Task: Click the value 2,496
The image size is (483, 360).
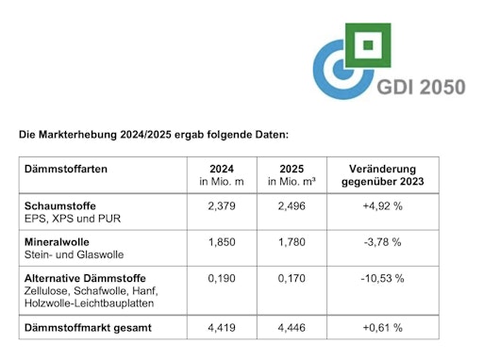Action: (288, 205)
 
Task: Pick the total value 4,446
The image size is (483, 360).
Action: (288, 327)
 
